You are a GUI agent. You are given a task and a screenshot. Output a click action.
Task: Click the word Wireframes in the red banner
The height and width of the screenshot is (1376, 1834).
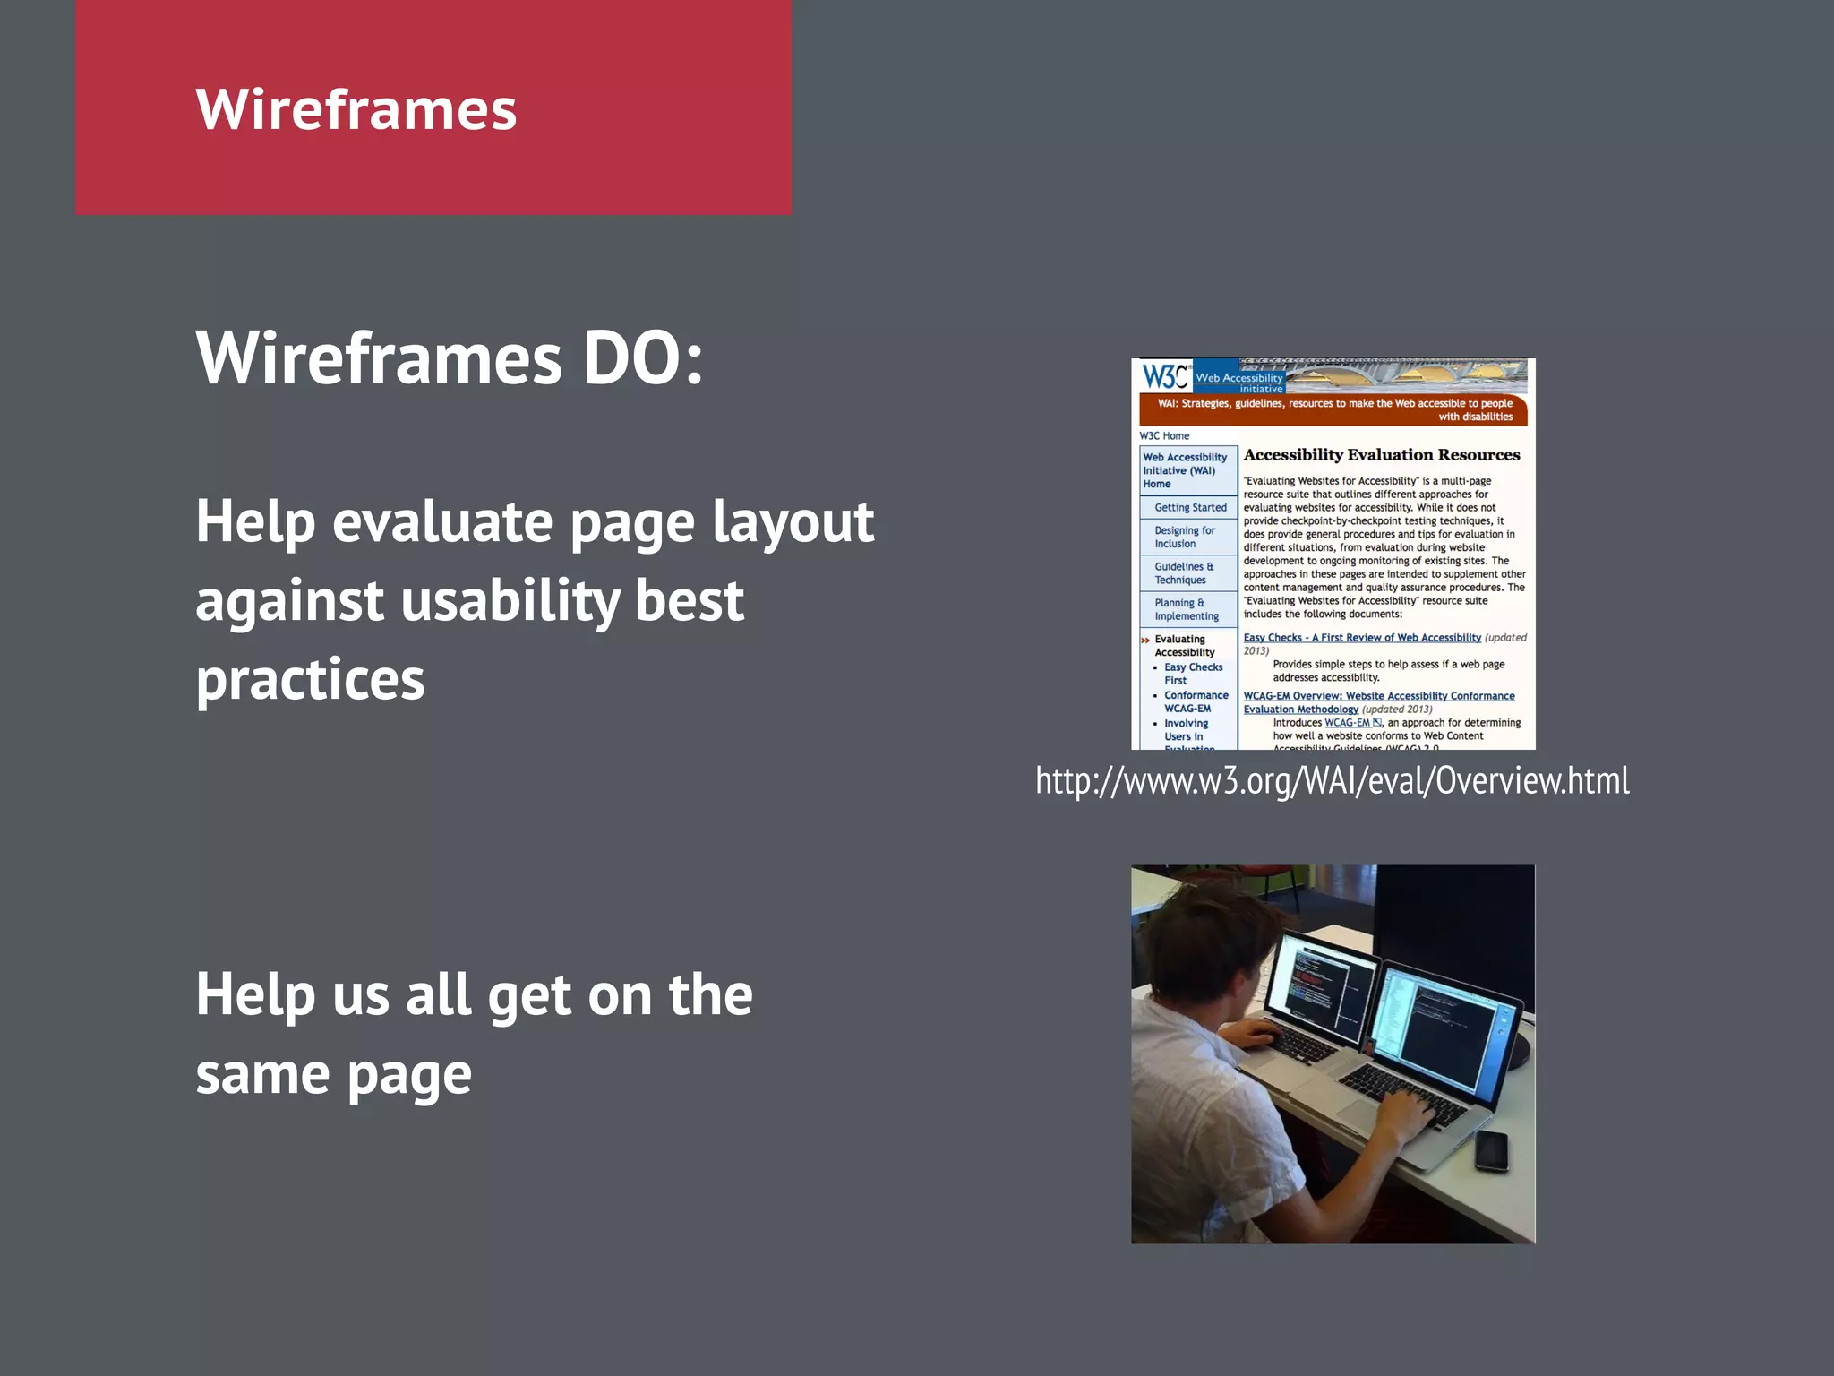pos(356,109)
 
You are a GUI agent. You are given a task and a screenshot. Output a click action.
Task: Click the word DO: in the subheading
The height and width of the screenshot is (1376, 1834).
pos(642,358)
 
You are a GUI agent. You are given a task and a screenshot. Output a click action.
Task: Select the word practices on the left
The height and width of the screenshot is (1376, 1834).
pos(310,679)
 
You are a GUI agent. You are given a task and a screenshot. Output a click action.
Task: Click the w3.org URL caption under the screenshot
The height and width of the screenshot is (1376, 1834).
pos(1332,780)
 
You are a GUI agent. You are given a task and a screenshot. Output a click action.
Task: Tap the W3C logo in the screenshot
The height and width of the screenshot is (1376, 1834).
pos(1164,376)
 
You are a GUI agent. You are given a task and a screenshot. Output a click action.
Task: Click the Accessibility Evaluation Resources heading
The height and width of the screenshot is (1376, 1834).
pos(1381,455)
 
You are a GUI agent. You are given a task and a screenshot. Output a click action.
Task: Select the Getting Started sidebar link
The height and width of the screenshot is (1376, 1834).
pos(1189,507)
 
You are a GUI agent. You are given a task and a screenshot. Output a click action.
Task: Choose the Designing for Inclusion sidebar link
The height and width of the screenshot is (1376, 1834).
pos(1184,537)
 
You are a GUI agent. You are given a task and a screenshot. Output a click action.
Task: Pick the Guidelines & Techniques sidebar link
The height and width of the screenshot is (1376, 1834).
pos(1183,573)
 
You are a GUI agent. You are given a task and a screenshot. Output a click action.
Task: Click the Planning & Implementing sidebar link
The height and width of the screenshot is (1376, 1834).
pos(1186,609)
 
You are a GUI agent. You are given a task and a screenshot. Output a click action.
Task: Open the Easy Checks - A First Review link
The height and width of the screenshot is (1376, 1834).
pos(1361,638)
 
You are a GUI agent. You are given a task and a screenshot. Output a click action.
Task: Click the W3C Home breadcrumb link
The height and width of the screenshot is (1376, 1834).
pos(1164,435)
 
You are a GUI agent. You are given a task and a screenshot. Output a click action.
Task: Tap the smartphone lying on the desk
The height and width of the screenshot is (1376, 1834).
pos(1492,1150)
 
